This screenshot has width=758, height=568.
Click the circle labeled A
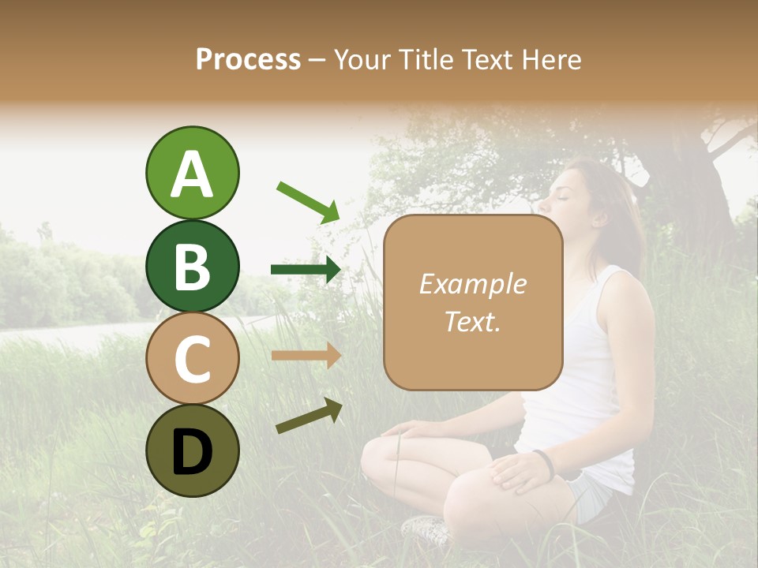[x=192, y=173]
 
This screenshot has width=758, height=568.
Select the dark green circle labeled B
[x=192, y=266]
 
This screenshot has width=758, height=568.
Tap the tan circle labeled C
[x=192, y=358]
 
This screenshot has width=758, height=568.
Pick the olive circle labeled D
[x=192, y=450]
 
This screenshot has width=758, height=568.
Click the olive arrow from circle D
[x=309, y=416]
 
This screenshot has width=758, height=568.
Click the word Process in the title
[x=248, y=59]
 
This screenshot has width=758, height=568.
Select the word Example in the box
[x=472, y=284]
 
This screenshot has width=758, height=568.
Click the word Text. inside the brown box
[x=472, y=321]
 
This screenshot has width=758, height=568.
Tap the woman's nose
[x=550, y=192]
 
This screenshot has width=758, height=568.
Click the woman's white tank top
[x=584, y=379]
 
